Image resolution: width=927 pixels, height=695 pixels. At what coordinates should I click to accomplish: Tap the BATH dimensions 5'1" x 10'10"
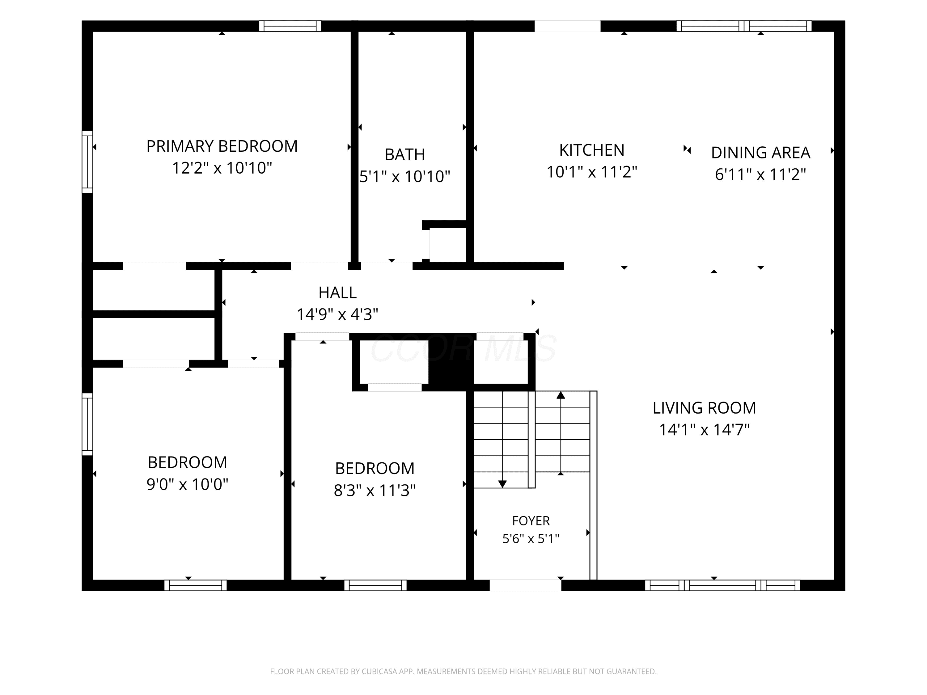[x=405, y=176]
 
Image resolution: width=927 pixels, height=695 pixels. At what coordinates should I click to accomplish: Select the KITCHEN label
[x=592, y=150]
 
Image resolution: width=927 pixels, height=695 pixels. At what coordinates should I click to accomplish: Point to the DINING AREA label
[x=761, y=153]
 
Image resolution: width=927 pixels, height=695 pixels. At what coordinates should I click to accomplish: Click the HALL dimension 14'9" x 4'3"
[x=337, y=314]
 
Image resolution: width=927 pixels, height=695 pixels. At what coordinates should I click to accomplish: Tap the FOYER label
[x=531, y=521]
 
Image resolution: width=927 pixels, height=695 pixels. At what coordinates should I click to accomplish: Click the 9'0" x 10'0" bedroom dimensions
[x=187, y=484]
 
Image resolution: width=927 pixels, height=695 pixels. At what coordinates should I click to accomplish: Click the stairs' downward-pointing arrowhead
[x=502, y=484]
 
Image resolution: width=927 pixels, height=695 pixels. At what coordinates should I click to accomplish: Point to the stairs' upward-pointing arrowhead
[x=561, y=395]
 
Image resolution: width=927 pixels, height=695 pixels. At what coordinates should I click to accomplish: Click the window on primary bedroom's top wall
[x=290, y=26]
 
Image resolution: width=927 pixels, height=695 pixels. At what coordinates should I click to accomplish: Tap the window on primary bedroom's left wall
[x=87, y=162]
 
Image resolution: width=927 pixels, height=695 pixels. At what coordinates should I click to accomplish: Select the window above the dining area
[x=744, y=26]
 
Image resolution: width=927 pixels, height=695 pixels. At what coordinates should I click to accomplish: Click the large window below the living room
[x=722, y=585]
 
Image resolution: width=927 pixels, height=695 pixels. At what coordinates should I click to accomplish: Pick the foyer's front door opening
[x=526, y=585]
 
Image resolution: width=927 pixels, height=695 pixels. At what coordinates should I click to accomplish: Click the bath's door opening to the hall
[x=387, y=266]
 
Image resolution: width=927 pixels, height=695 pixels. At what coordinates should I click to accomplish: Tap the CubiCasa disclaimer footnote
[x=463, y=672]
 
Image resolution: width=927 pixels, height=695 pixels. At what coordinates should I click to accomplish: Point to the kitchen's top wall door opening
[x=567, y=26]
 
